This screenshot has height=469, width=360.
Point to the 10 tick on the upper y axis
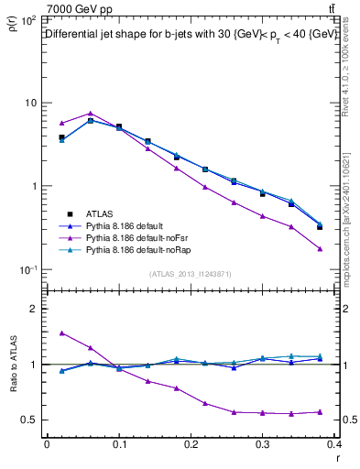[29, 103]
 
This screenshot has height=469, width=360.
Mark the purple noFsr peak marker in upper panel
[90, 114]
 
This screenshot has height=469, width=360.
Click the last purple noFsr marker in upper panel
[319, 249]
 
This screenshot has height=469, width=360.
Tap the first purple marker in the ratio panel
[61, 333]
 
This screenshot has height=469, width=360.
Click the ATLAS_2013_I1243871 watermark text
[191, 274]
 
